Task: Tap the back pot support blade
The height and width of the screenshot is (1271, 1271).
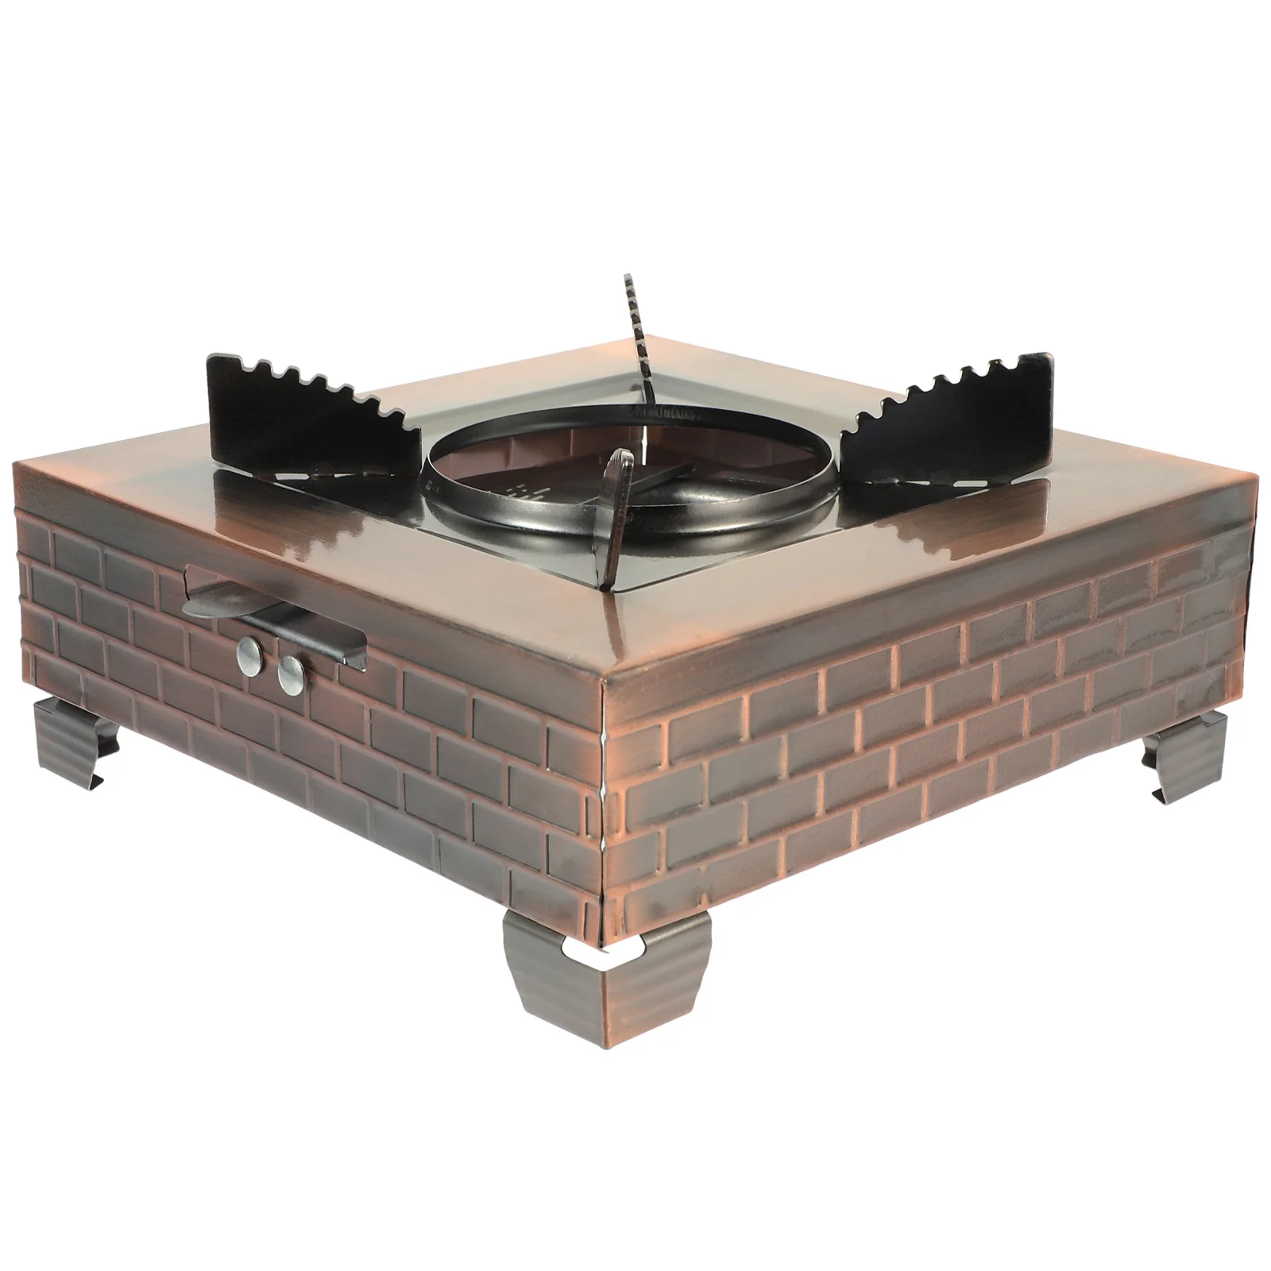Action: (x=639, y=342)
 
